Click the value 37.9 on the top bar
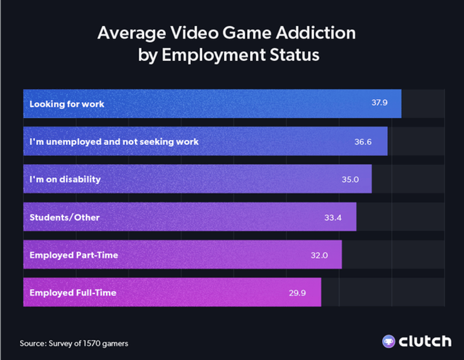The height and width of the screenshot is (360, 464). [379, 103]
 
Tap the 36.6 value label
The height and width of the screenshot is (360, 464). [363, 142]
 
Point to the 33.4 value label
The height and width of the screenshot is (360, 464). [333, 218]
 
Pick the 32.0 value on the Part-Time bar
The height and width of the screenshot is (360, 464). [319, 255]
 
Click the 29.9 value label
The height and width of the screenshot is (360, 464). [298, 292]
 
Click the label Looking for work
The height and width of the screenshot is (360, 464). [67, 104]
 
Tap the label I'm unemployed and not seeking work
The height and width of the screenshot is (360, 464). [114, 142]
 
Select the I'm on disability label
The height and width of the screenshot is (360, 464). [65, 179]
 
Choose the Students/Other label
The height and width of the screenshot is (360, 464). [65, 218]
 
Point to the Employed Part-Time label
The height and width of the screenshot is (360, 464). [74, 255]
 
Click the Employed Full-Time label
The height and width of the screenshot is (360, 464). [73, 292]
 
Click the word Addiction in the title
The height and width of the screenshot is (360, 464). [319, 33]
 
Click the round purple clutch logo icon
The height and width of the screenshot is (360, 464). [388, 341]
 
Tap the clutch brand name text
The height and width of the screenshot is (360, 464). [425, 341]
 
